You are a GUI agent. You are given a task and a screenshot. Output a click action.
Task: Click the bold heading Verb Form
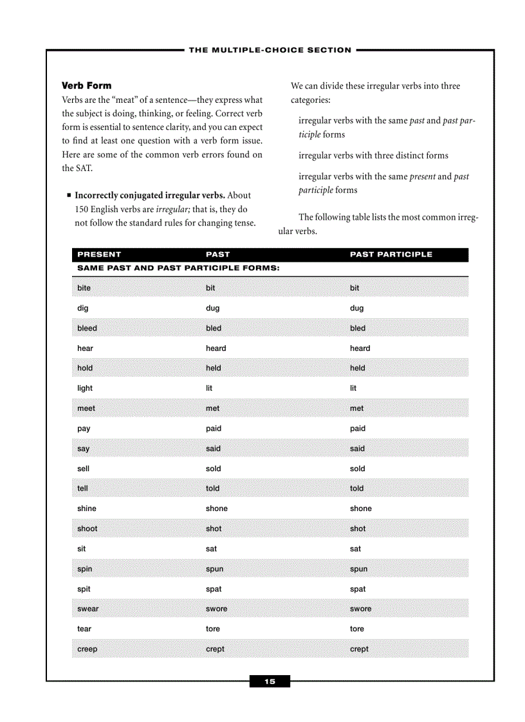[x=86, y=86]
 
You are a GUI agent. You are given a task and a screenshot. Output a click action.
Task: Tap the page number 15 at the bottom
[x=270, y=681]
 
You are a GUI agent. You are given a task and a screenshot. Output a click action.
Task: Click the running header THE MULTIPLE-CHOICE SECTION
[x=270, y=50]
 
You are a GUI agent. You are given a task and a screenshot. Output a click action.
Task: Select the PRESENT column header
[x=99, y=255]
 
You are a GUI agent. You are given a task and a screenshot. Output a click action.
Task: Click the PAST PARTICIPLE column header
[x=391, y=255]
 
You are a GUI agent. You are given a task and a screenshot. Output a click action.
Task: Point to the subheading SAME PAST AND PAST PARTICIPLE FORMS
[x=178, y=268]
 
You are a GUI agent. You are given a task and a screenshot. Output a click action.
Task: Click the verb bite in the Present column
[x=84, y=288]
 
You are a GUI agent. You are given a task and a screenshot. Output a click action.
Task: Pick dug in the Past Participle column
[x=356, y=308]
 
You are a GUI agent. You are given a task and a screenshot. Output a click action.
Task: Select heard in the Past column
[x=216, y=348]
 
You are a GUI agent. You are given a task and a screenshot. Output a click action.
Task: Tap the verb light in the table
[x=85, y=388]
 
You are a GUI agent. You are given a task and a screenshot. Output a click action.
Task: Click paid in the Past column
[x=213, y=429]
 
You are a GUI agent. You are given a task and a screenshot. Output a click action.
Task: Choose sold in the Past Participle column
[x=357, y=469]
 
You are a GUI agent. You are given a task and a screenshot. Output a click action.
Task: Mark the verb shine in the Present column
[x=87, y=509]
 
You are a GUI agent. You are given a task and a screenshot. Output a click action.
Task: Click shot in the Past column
[x=214, y=529]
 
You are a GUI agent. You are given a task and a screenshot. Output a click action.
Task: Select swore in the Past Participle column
[x=360, y=609]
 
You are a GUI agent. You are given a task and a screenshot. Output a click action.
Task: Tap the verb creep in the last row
[x=87, y=649]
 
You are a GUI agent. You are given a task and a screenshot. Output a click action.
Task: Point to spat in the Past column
[x=214, y=589]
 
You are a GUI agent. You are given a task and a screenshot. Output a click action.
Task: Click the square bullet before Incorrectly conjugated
[x=68, y=195]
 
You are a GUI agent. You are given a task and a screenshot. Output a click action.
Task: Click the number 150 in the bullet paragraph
[x=82, y=210]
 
